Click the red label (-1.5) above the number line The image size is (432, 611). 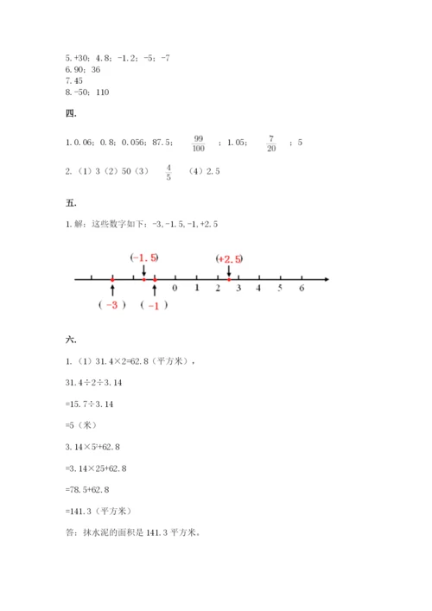coord(144,258)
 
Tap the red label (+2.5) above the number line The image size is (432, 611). coord(229,258)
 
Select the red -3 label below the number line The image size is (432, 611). coord(112,305)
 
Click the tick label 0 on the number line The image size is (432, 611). coord(175,290)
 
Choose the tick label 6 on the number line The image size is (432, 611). coord(302,290)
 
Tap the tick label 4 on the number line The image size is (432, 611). coord(259,290)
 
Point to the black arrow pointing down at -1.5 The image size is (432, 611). coord(144,270)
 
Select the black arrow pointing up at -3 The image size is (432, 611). coord(112,290)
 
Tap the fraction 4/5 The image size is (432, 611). coord(168,171)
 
